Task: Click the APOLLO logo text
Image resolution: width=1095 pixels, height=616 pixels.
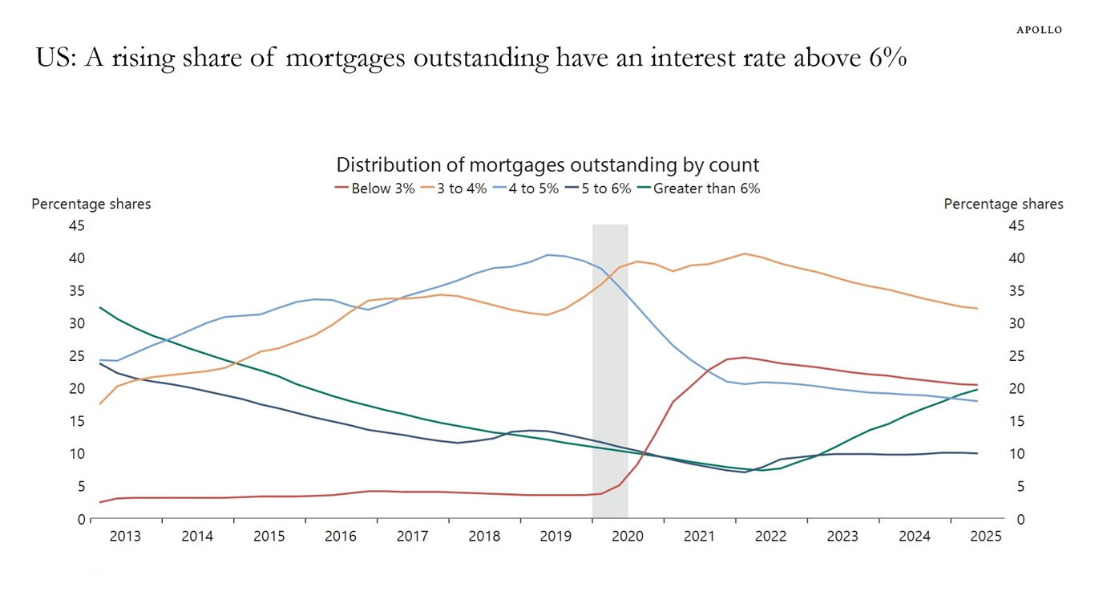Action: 1039,30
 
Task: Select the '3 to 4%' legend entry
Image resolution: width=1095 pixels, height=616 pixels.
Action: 455,189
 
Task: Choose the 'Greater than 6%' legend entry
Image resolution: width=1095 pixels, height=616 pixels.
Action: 699,189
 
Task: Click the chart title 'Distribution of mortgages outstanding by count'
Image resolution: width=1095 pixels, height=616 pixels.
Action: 547,165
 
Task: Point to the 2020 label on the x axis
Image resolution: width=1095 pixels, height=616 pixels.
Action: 628,537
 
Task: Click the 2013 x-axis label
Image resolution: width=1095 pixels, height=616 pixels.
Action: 125,537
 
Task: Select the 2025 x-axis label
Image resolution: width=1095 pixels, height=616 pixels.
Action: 986,537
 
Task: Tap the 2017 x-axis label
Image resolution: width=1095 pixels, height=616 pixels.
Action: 412,537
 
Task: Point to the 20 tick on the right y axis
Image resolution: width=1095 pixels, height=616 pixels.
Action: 1016,389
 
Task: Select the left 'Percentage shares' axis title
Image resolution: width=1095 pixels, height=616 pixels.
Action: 91,204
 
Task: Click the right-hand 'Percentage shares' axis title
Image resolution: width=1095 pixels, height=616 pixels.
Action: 1004,204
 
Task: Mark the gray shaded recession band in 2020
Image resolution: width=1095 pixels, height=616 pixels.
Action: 610,369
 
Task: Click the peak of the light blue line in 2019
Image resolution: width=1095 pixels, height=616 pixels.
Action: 548,255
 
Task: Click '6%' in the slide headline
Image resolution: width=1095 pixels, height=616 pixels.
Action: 887,59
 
